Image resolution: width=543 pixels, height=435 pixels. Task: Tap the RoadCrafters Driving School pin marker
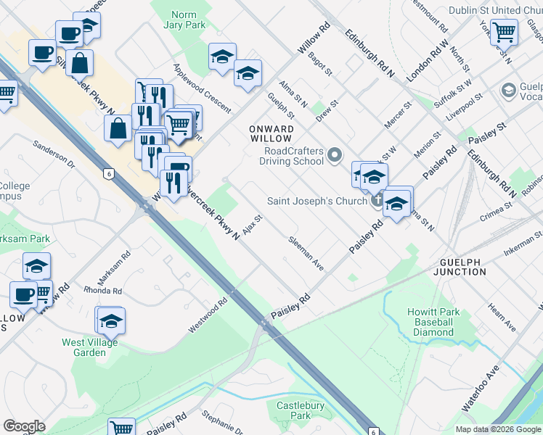[x=335, y=154]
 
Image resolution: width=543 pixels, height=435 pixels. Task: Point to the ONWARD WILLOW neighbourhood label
[x=271, y=134]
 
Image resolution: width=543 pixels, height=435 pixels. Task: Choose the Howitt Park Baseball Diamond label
[x=433, y=322]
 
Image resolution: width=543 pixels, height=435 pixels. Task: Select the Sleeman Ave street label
[x=306, y=253]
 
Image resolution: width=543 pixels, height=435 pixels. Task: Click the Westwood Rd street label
[x=208, y=315]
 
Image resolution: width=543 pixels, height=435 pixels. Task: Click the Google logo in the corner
[x=24, y=426]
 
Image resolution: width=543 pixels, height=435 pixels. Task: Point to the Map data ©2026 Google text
[x=497, y=429]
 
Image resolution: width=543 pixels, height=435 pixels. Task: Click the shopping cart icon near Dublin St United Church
[x=504, y=32]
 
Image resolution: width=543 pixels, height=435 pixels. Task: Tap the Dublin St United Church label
[x=494, y=10]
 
